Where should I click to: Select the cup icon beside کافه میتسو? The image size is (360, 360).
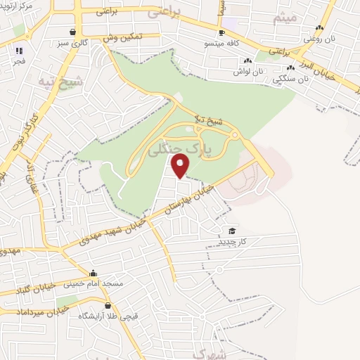[x=221, y=32]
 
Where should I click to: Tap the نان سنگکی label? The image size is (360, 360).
[x=294, y=79]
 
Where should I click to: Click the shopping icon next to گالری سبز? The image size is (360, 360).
[x=73, y=32]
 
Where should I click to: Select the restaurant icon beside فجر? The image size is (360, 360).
[x=18, y=51]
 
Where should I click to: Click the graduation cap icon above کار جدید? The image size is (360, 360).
[x=231, y=231]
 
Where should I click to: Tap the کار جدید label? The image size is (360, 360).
[x=231, y=242]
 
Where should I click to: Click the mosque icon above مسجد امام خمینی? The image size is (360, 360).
[x=93, y=274]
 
